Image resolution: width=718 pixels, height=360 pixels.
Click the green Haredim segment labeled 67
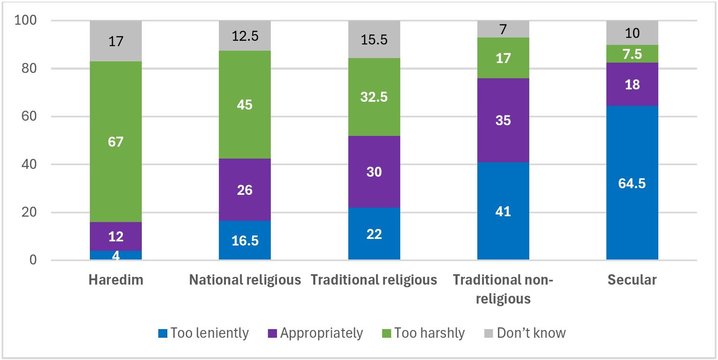116,142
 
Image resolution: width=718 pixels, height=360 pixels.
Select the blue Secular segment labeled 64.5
632,183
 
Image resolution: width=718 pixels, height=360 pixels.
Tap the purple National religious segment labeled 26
245,190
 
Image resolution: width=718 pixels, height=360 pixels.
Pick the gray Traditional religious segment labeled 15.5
374,40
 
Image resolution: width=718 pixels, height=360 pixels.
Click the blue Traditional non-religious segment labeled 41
503,211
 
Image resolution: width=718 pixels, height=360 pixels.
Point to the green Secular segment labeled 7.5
632,54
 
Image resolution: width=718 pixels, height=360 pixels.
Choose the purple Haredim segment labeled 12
116,236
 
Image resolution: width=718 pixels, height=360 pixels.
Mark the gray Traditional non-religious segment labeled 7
503,29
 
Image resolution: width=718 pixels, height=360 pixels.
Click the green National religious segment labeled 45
245,105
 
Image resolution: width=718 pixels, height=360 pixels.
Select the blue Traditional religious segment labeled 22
374,234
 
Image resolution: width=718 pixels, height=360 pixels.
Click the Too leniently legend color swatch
163,333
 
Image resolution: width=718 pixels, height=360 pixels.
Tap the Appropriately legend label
321,333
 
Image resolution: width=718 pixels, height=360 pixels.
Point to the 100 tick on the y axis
26,20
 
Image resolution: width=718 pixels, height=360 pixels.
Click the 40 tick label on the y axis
29,164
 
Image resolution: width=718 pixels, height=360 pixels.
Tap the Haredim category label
116,280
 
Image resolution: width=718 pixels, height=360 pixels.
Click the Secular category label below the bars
632,280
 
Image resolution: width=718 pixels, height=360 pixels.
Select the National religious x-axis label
245,280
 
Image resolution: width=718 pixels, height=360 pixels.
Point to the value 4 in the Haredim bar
116,256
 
